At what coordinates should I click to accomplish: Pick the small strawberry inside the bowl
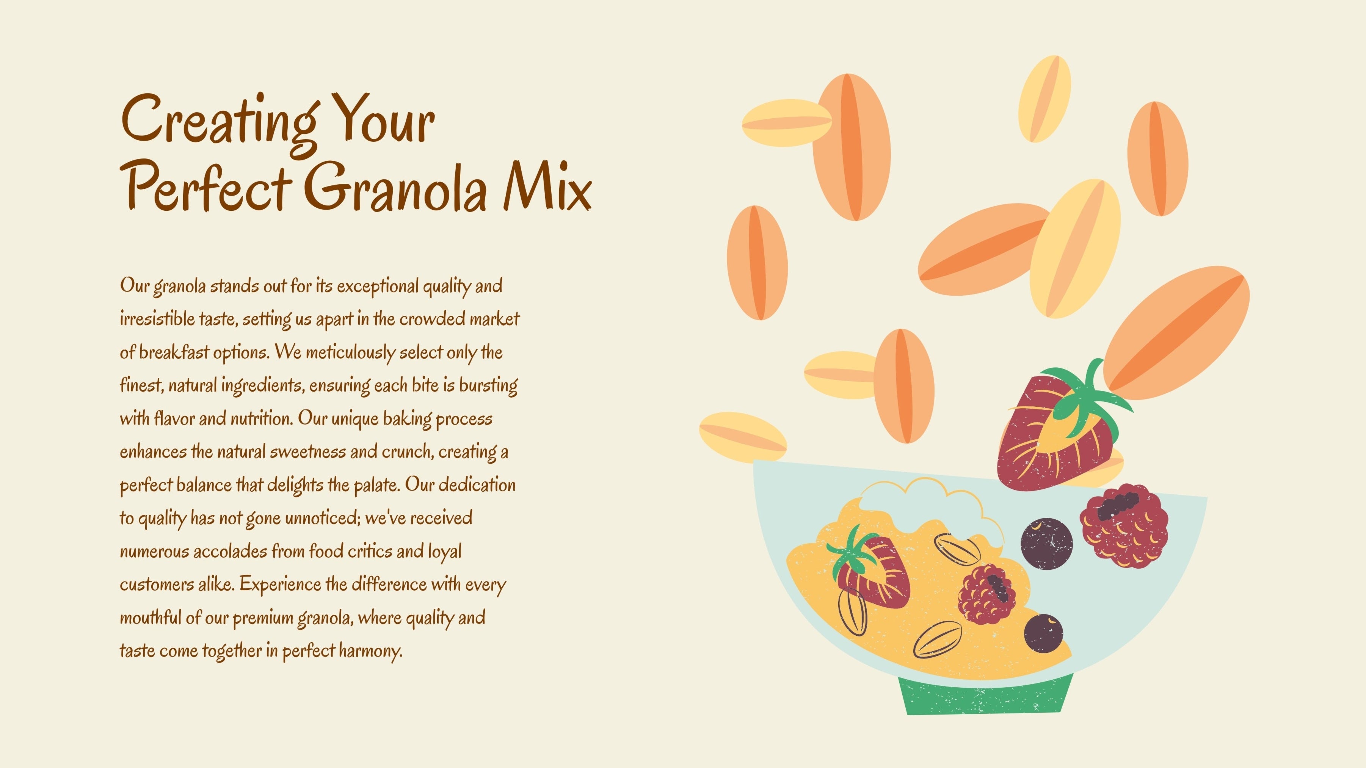pyautogui.click(x=870, y=567)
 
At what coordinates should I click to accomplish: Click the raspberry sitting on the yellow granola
pyautogui.click(x=987, y=594)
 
